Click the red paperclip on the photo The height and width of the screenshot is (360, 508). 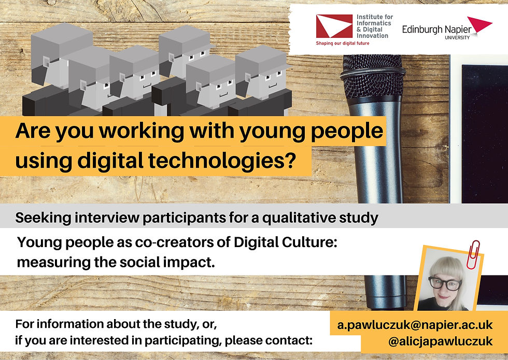473,255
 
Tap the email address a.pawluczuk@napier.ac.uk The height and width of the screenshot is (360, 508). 415,325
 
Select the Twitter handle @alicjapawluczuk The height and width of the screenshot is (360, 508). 441,341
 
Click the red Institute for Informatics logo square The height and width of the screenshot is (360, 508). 334,26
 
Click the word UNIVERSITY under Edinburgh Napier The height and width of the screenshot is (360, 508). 457,37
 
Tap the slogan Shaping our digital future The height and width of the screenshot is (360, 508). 343,43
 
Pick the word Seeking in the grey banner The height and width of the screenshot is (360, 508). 43,218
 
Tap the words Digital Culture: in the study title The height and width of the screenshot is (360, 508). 286,242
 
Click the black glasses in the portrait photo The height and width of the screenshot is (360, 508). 445,283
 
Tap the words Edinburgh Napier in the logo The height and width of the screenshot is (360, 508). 436,30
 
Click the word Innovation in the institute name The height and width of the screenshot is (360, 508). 372,36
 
